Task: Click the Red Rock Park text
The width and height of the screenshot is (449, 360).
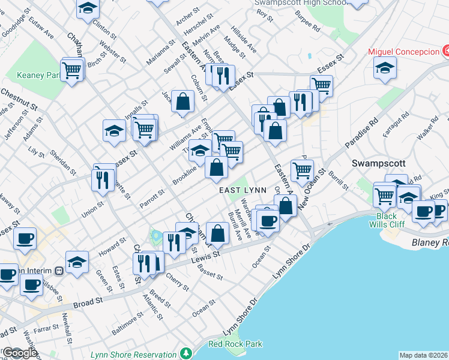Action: [235, 344]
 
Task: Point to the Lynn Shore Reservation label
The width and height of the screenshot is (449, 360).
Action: [133, 354]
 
